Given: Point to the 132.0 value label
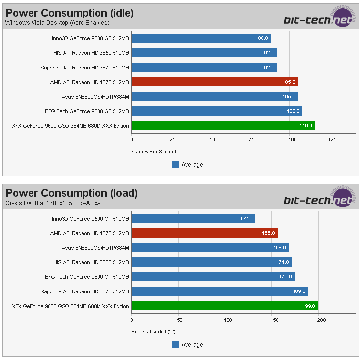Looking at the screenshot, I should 246,219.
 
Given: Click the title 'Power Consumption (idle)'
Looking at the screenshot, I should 70,13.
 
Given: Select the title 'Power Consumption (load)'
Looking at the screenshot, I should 72,193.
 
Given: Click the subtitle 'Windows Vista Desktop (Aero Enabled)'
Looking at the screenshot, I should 57,22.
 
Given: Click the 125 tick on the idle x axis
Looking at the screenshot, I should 332,140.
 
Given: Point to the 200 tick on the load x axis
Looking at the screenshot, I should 321,320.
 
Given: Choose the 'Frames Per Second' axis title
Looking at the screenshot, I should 154,152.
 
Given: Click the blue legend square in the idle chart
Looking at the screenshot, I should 176,165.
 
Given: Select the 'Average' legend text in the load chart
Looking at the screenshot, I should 192,345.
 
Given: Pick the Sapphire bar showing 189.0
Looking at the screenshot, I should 220,291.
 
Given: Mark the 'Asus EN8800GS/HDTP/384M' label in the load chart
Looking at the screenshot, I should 95,248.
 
